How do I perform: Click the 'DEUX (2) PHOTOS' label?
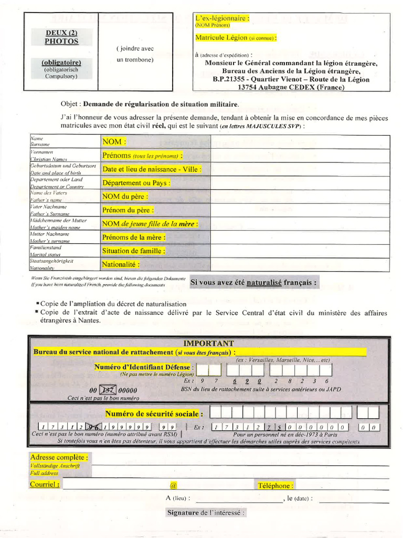(x=61, y=37)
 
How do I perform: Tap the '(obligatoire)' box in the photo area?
(x=61, y=63)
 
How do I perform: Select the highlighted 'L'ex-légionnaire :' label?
(x=222, y=18)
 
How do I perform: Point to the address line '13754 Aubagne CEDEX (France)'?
(x=291, y=87)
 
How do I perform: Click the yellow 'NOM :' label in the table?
(x=114, y=142)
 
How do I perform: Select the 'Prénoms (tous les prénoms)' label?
(x=142, y=156)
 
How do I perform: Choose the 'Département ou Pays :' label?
(x=136, y=183)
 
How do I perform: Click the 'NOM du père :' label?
(x=125, y=196)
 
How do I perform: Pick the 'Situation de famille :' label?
(x=133, y=251)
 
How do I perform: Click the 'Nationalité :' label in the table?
(x=121, y=264)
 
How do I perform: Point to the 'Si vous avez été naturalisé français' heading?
(x=253, y=282)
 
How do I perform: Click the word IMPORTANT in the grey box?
(x=209, y=343)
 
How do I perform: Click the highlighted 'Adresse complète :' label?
(x=59, y=458)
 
